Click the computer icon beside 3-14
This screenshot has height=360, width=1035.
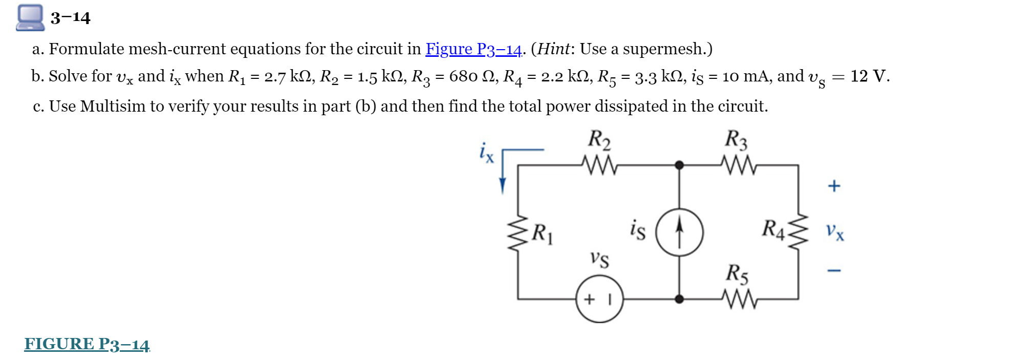[x=30, y=17]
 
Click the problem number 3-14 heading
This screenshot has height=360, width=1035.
[x=70, y=18]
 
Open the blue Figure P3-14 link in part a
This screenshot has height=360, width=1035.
[x=473, y=49]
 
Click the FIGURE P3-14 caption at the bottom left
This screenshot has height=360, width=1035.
[x=87, y=344]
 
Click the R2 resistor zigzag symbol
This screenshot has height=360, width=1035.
[x=599, y=165]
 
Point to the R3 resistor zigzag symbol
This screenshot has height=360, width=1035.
[x=738, y=165]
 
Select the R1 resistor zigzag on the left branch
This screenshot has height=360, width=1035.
[x=517, y=233]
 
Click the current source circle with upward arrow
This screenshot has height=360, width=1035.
[x=679, y=232]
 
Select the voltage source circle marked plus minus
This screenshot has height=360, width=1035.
[x=599, y=299]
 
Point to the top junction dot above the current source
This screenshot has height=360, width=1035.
[x=679, y=165]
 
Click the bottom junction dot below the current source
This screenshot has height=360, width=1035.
[x=679, y=299]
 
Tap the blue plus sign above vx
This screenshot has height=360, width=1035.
[x=834, y=185]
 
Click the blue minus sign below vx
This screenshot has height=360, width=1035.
[x=834, y=270]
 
